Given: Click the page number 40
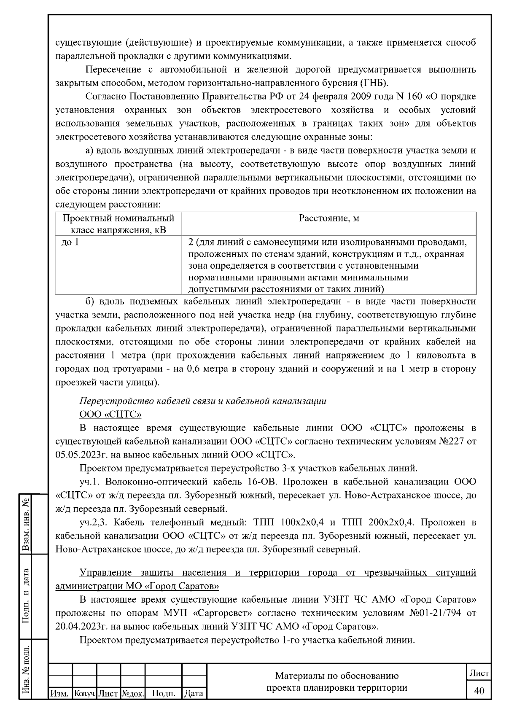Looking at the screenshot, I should coord(479,690).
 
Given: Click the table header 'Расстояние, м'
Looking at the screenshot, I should coord(329,218).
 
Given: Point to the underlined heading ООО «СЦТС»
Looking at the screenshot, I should coord(110,414).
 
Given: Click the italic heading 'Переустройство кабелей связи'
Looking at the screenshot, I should coord(202,401).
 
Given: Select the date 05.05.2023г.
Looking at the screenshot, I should coord(80,455).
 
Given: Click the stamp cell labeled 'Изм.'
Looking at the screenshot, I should coord(60,693).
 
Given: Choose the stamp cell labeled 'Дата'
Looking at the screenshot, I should coord(194,693).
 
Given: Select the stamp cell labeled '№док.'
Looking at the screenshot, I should coord(133,693).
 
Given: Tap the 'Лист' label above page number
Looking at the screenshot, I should coord(479,673).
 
